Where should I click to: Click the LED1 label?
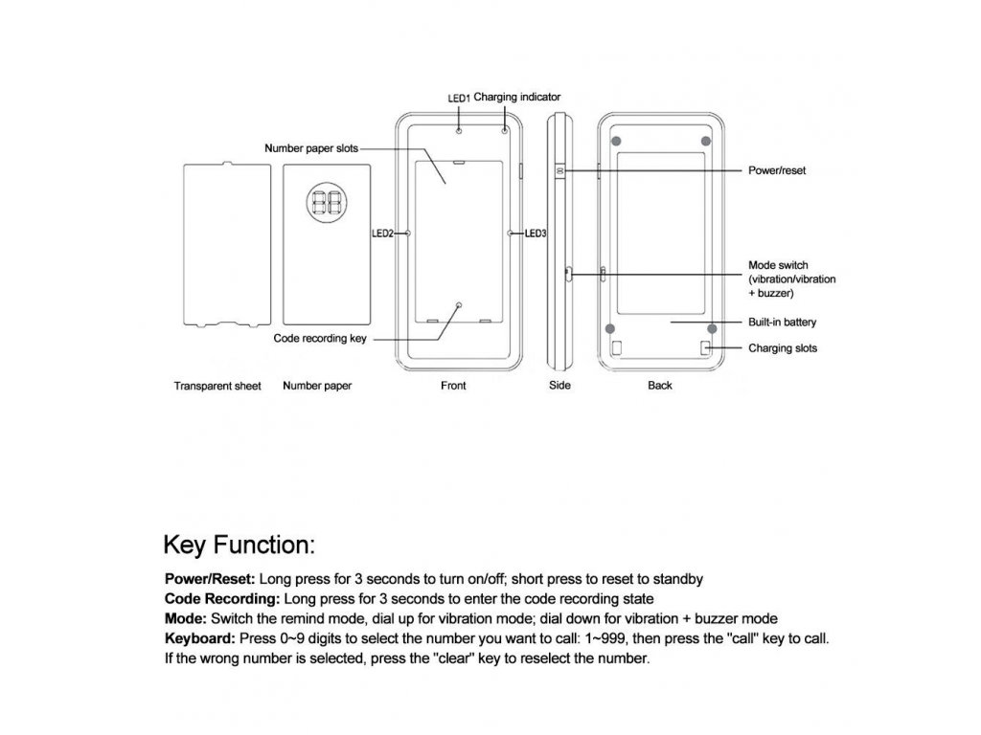[x=459, y=98]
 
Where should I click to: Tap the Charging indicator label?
[x=517, y=97]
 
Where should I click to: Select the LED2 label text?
[x=382, y=233]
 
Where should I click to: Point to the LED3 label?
[x=536, y=233]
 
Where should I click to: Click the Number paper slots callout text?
[x=311, y=148]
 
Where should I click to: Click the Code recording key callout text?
[x=320, y=338]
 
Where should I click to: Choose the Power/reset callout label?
[x=777, y=170]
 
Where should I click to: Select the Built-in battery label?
[x=782, y=323]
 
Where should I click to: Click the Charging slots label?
[x=783, y=348]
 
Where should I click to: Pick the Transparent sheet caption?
[x=217, y=387]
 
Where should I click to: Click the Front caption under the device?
[x=453, y=386]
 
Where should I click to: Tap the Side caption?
[x=559, y=386]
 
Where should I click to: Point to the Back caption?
[x=660, y=386]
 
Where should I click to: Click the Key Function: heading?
[x=240, y=546]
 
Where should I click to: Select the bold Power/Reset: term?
[x=210, y=579]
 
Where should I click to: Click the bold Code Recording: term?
[x=222, y=599]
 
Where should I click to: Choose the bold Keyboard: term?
[x=200, y=639]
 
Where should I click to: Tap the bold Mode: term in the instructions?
[x=186, y=619]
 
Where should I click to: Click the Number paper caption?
[x=317, y=387]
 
